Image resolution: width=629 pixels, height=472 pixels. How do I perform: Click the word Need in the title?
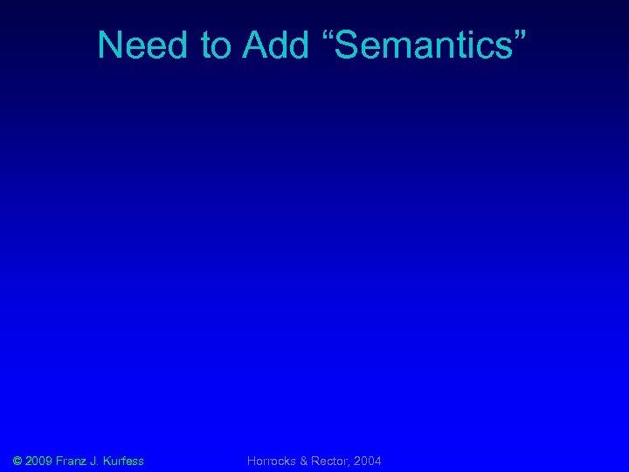[142, 45]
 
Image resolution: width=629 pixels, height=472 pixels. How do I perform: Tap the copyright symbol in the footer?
[17, 461]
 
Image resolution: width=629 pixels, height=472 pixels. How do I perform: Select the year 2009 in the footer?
[39, 461]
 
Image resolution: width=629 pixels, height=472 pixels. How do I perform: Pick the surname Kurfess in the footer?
[124, 461]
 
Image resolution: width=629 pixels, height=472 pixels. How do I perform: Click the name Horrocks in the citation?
[272, 461]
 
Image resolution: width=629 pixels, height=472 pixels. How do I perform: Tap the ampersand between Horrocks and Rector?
[303, 461]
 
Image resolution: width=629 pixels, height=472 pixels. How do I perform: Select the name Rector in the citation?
[328, 461]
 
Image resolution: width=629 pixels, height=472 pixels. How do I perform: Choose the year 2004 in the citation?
[367, 461]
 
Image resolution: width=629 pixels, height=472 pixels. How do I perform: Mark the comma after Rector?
[349, 464]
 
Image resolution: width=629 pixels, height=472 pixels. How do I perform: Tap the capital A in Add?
[255, 45]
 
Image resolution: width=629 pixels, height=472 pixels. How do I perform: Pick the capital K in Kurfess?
[108, 461]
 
